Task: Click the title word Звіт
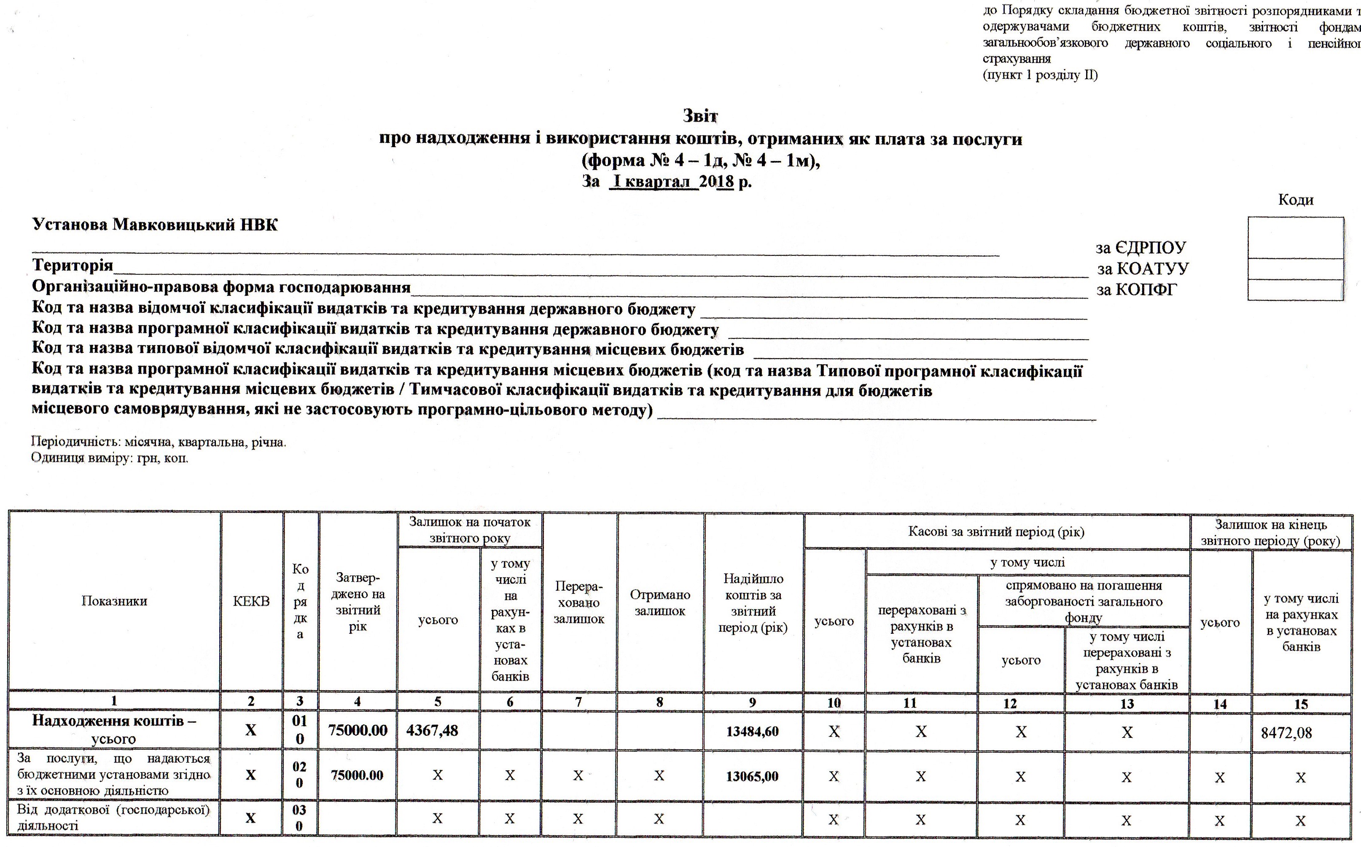(700, 116)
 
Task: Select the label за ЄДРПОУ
(1140, 248)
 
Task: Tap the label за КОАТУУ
(1143, 269)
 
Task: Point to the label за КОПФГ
(1137, 289)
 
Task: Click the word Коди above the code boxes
(1296, 200)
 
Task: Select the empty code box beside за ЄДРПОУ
(1296, 238)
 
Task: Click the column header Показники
(114, 601)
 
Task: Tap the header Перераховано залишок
(579, 603)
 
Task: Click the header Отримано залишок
(659, 603)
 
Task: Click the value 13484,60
(753, 731)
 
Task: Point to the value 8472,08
(1286, 733)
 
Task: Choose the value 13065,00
(753, 776)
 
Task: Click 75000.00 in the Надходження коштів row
(358, 730)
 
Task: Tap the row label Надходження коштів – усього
(114, 729)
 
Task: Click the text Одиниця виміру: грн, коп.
(110, 458)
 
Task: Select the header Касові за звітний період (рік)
(996, 532)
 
